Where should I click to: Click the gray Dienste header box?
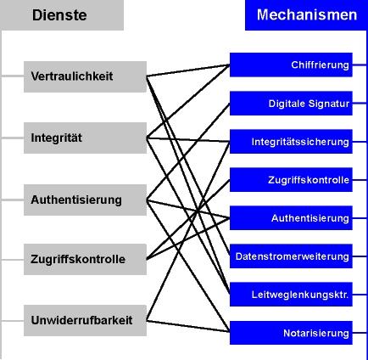coord(62,15)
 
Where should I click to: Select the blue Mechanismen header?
coord(306,15)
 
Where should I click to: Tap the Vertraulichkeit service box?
coord(85,76)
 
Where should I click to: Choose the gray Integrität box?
coord(85,138)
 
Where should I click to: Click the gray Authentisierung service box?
coord(85,200)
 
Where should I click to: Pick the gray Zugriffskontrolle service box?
coord(85,259)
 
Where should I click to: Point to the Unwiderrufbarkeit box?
coord(85,320)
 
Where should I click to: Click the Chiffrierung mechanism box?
coord(291,65)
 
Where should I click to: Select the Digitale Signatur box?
coord(291,104)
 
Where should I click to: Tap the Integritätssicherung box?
coord(291,142)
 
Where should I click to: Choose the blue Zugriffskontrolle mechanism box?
coord(291,180)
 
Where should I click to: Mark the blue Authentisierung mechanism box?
coord(291,218)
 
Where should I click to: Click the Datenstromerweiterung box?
coord(291,256)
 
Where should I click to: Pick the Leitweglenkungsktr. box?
coord(291,295)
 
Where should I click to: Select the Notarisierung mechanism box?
coord(291,333)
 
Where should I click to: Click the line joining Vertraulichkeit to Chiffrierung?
coord(188,70)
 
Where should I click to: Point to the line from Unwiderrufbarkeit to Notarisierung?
coord(188,326)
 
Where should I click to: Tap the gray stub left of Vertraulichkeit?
coord(12,76)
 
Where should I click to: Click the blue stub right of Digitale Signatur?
coord(360,104)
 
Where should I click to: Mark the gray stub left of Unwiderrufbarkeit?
coord(12,321)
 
